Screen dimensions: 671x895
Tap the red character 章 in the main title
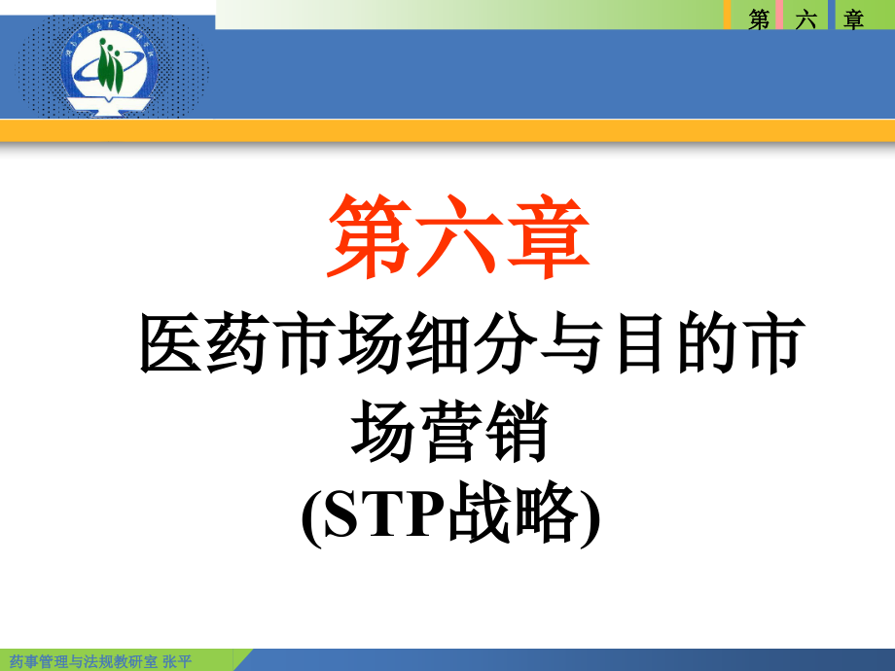pyautogui.click(x=548, y=236)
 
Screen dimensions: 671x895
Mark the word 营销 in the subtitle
pyautogui.click(x=483, y=434)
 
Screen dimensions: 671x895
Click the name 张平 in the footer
pyautogui.click(x=178, y=661)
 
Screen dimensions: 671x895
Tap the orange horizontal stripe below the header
pyautogui.click(x=447, y=131)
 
